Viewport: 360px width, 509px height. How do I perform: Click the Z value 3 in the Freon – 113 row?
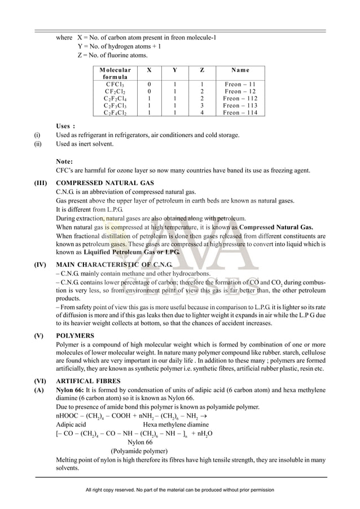[x=202, y=106]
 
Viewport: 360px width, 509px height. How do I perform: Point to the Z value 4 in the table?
[x=202, y=113]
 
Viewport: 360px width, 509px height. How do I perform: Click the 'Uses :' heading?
[x=66, y=126]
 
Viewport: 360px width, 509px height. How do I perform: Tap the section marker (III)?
[x=41, y=183]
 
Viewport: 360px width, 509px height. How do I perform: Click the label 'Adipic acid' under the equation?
[x=71, y=424]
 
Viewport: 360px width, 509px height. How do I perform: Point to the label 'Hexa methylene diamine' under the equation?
[x=176, y=424]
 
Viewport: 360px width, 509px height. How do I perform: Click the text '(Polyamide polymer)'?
[x=139, y=451]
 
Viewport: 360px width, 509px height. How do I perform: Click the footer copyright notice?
[x=179, y=491]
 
